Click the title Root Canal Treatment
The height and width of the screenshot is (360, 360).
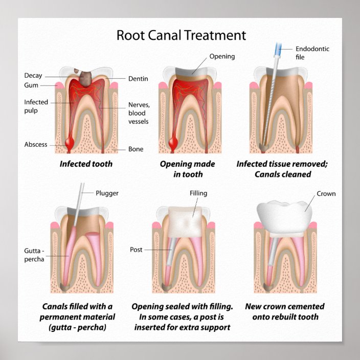181,35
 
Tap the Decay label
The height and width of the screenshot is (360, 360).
33,76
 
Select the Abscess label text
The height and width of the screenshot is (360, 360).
36,144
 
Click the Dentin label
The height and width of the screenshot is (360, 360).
138,79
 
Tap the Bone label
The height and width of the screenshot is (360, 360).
136,149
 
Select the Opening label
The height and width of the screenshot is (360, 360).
222,56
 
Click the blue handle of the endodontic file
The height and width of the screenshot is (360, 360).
279,49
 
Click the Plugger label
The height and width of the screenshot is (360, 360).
106,193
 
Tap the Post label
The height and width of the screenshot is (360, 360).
136,250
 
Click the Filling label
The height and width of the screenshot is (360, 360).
198,194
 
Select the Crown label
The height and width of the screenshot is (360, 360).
326,194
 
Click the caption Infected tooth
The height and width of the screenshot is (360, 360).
86,164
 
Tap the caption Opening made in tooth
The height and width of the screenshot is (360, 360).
188,169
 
